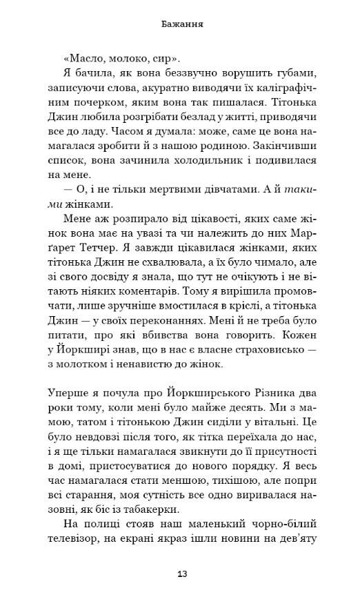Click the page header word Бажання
point(180,25)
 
